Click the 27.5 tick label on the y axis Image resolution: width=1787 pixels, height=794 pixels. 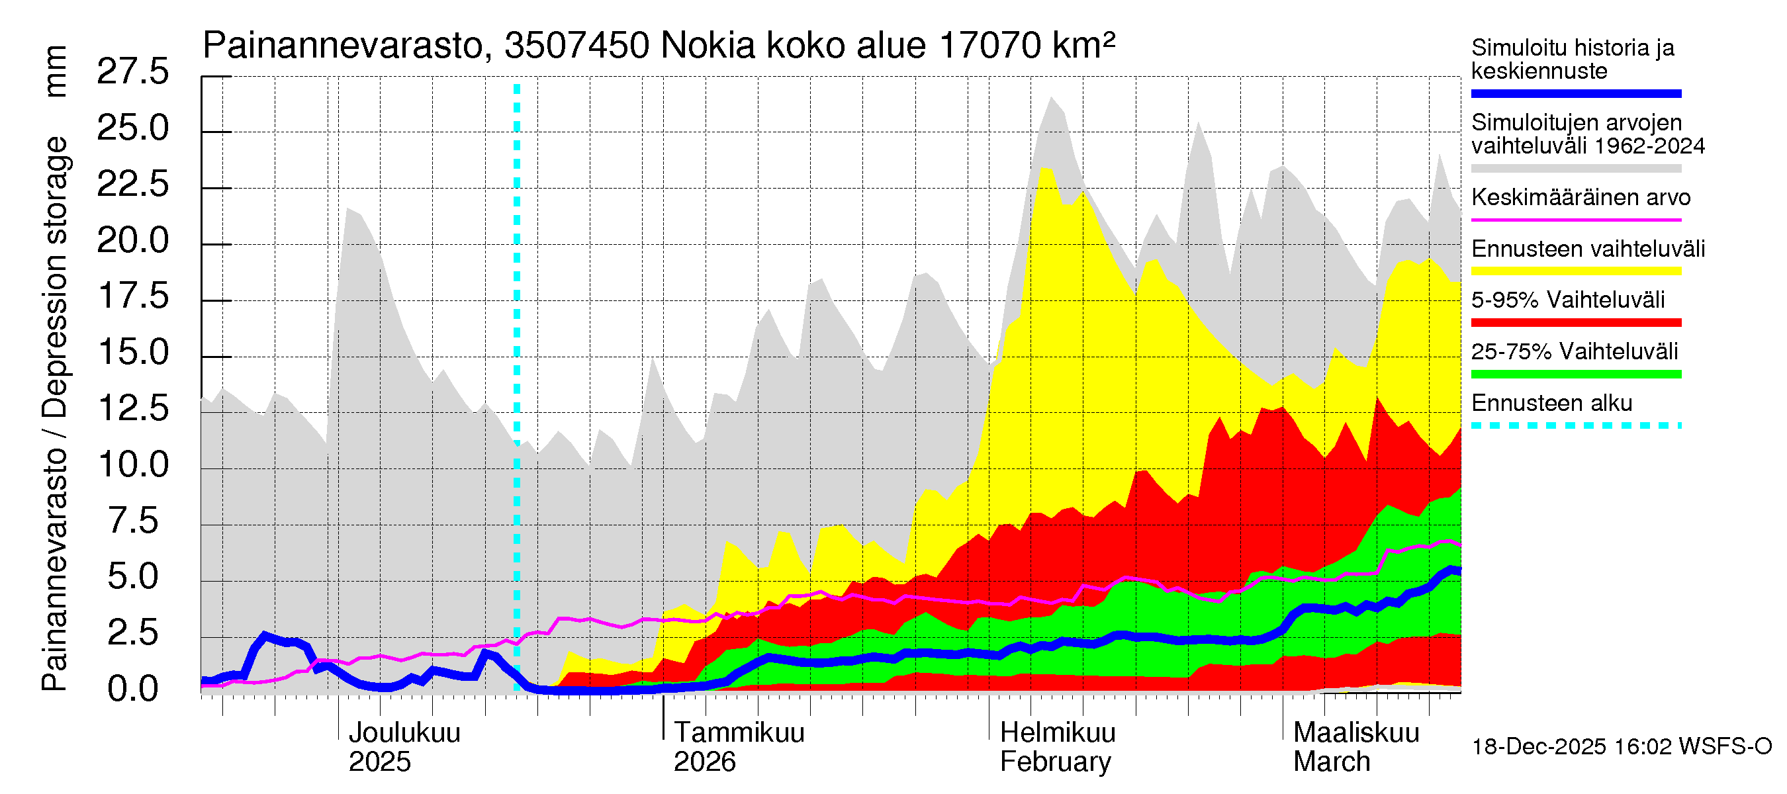click(x=132, y=71)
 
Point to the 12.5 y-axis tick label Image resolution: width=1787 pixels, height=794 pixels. click(x=132, y=408)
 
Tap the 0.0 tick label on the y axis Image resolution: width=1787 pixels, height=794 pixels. click(x=132, y=689)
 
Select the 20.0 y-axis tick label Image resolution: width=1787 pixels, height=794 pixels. click(x=132, y=241)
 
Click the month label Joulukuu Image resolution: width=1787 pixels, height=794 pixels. click(x=404, y=732)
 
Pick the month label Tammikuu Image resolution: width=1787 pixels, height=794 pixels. click(x=739, y=732)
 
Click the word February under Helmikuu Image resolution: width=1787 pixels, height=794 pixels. click(x=1055, y=762)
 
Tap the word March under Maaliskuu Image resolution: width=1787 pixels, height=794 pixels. click(x=1331, y=762)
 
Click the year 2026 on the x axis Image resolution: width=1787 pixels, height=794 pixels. click(x=704, y=762)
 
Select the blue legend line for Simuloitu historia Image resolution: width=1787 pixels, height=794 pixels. click(x=1575, y=93)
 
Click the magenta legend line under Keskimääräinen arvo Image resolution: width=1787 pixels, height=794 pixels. click(x=1575, y=220)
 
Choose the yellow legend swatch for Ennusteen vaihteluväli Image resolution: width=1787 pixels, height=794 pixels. click(x=1575, y=271)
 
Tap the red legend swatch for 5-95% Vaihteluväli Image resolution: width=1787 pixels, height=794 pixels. click(x=1575, y=322)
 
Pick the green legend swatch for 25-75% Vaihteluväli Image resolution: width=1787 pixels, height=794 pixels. click(x=1575, y=375)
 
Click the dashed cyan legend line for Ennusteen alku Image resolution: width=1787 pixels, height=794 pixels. click(x=1575, y=425)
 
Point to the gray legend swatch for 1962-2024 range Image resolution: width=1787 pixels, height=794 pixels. click(x=1575, y=169)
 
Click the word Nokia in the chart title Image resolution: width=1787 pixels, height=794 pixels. click(x=708, y=46)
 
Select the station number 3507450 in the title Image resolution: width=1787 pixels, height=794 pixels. click(x=576, y=46)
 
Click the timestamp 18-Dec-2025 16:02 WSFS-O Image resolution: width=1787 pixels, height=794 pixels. click(x=1621, y=747)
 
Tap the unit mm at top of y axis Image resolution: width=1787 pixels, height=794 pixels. click(x=55, y=71)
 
